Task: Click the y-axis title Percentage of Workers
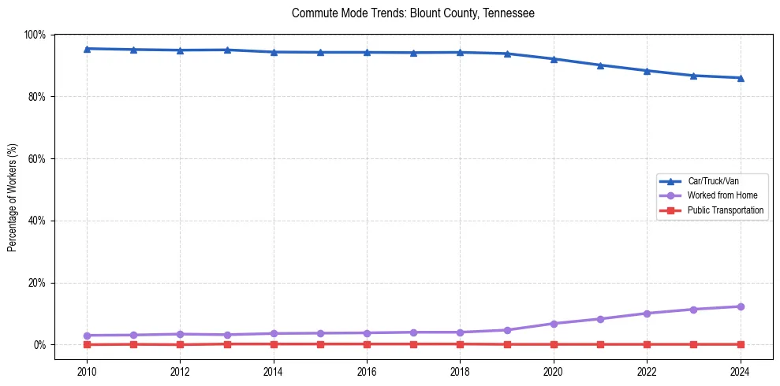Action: pos(13,189)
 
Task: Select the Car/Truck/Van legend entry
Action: pos(713,181)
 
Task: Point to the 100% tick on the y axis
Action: pos(35,35)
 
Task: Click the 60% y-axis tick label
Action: pos(36,158)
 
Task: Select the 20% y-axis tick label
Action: pos(36,283)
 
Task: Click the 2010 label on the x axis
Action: pos(87,371)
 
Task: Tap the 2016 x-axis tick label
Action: pos(367,371)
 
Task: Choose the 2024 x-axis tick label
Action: pos(740,371)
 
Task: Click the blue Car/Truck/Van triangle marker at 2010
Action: pos(87,49)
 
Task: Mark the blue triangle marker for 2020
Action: pos(554,59)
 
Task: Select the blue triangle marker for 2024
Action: pos(740,78)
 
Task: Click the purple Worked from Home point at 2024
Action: pos(740,306)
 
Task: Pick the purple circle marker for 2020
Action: pos(554,324)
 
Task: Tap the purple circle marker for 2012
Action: pos(180,334)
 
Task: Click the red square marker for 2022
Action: pos(647,344)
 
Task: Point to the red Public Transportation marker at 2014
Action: pos(274,344)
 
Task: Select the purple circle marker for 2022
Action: pos(647,314)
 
